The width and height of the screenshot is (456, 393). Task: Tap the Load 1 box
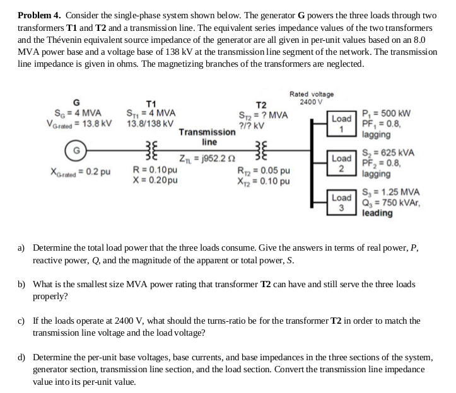click(x=341, y=123)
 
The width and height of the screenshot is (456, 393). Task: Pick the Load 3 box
click(x=341, y=202)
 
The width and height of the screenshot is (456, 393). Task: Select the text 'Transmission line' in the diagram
click(x=208, y=137)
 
